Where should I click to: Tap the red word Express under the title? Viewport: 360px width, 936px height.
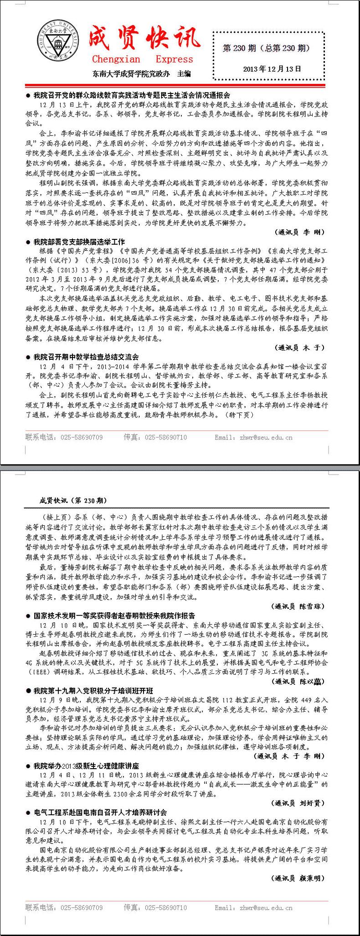[x=174, y=59]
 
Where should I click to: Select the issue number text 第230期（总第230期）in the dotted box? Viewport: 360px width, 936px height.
[x=267, y=48]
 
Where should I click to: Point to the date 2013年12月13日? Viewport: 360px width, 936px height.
[x=272, y=69]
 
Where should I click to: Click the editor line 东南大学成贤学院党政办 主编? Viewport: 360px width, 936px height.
[x=141, y=73]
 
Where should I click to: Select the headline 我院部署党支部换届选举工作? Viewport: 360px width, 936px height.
[x=79, y=242]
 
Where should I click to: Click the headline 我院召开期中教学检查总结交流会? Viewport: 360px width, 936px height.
[x=86, y=357]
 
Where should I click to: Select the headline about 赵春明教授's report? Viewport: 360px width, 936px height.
[x=114, y=615]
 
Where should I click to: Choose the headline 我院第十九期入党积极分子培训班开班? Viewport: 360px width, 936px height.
[x=93, y=691]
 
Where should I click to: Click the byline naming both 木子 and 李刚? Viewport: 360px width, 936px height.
[x=289, y=756]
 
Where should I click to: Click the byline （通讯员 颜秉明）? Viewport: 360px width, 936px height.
[x=298, y=878]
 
